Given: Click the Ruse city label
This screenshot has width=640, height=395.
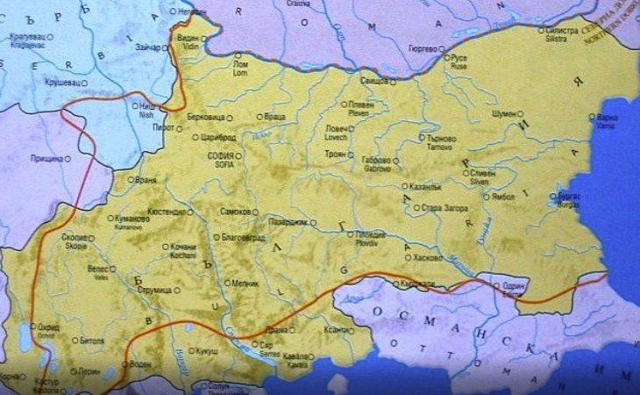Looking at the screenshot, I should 459,61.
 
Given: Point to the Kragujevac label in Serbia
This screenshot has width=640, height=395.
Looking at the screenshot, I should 25,40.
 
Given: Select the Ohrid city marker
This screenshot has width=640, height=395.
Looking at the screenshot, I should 33,327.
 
